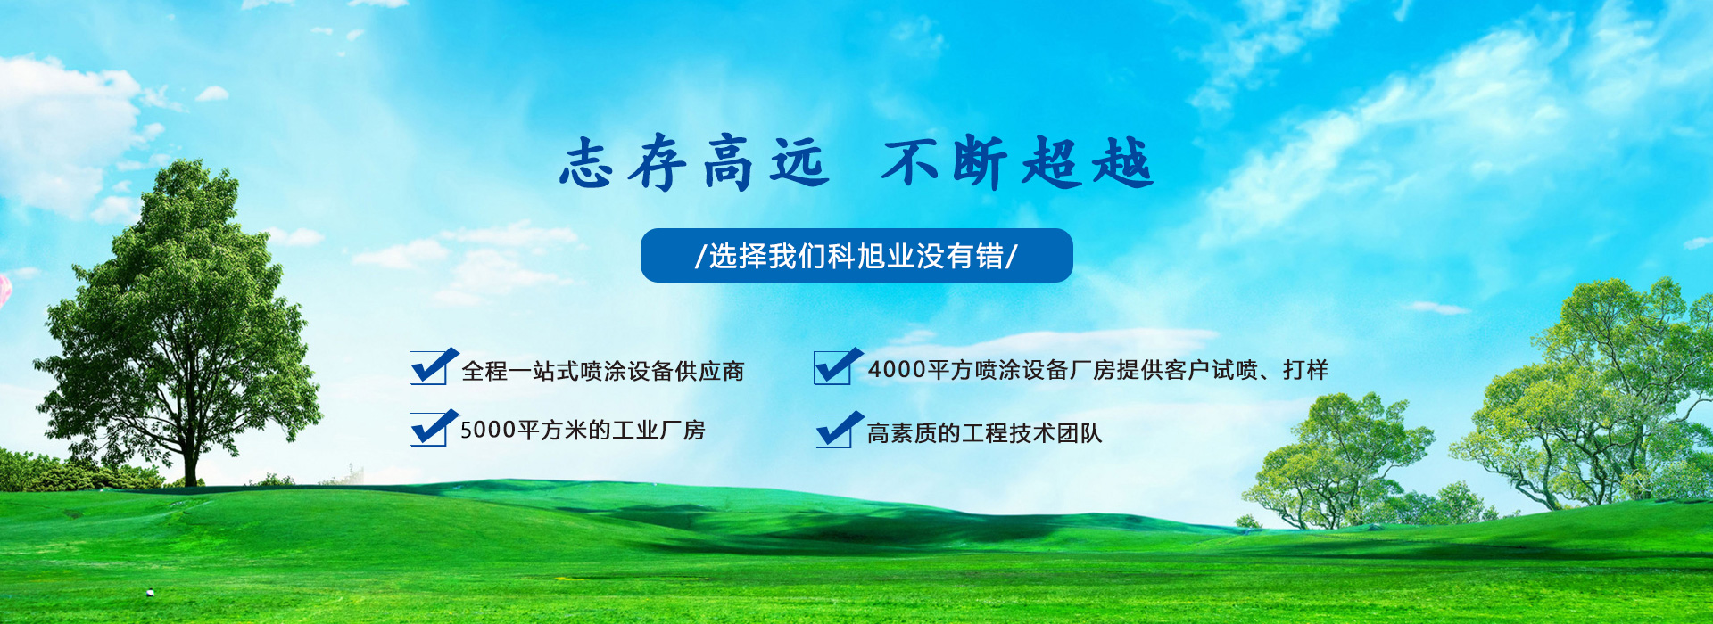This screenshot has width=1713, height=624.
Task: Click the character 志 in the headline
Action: [x=586, y=163]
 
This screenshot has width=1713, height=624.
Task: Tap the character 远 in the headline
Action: [x=799, y=163]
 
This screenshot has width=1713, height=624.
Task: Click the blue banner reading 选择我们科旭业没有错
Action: [x=856, y=256]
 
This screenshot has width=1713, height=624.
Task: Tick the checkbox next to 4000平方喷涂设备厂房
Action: [x=837, y=366]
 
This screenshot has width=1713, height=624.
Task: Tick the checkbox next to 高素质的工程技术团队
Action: [x=837, y=429]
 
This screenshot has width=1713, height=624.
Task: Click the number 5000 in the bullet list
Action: [x=488, y=431]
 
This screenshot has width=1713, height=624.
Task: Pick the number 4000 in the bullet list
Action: [x=897, y=369]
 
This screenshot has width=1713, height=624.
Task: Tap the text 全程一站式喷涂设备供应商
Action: [x=603, y=371]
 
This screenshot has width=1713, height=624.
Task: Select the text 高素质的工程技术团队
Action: [x=985, y=433]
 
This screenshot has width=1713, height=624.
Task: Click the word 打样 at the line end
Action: [x=1306, y=369]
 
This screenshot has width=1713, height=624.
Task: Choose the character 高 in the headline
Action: [x=727, y=164]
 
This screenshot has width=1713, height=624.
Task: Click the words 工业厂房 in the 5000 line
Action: [x=658, y=431]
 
